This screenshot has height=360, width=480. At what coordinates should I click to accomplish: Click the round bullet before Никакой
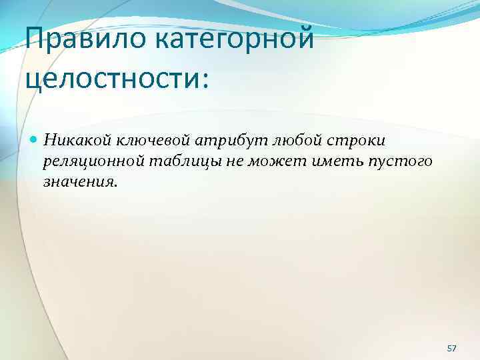click(x=34, y=139)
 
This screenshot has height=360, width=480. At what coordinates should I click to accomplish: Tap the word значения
click(x=77, y=181)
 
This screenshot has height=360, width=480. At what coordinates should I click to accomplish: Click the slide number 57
click(x=451, y=331)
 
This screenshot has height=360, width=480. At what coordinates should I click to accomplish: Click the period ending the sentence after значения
click(x=114, y=185)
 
